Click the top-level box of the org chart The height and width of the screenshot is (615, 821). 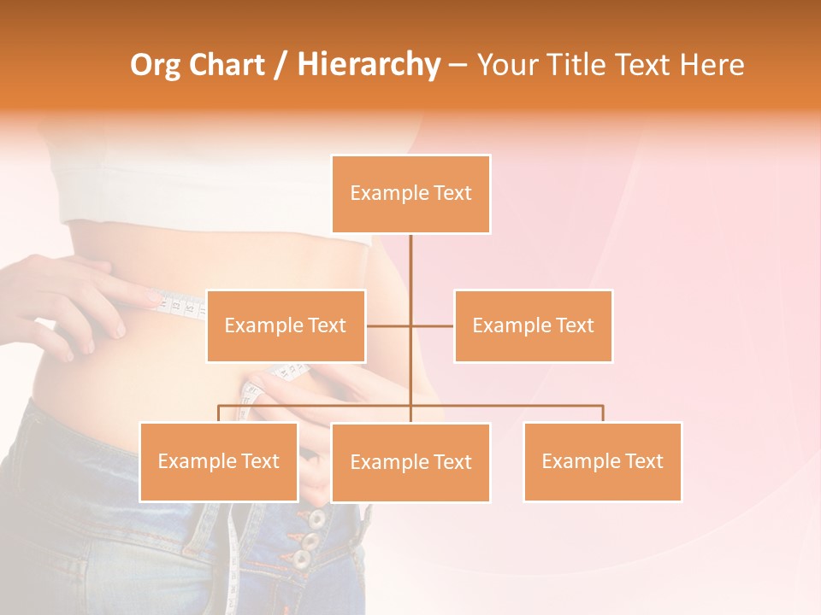410,194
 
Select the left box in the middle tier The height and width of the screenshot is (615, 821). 286,325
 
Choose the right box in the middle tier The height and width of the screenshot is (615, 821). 533,325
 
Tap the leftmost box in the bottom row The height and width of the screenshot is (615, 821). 219,461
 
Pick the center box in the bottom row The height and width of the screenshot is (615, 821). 410,462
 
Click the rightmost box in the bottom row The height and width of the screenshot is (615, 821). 602,461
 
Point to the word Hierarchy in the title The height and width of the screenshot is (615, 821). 368,65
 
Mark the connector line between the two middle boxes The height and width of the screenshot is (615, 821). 410,325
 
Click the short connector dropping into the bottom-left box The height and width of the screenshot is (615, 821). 219,413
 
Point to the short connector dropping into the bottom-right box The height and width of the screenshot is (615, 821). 603,413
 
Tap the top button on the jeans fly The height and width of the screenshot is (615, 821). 316,518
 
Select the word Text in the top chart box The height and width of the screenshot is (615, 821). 452,193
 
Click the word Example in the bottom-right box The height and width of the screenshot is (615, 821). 582,461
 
